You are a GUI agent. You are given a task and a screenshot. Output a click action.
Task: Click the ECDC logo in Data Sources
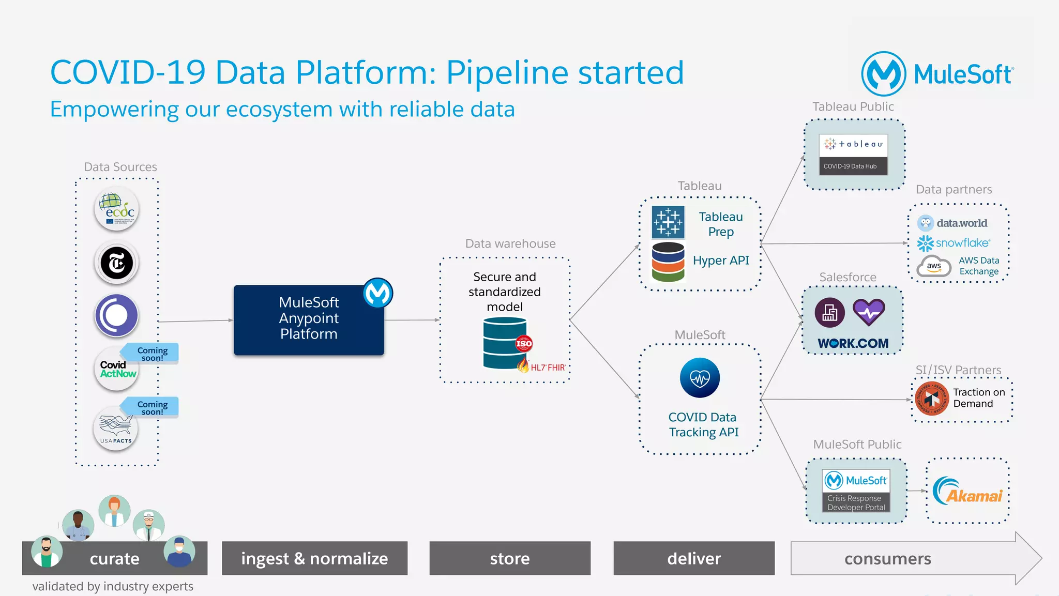pos(117,209)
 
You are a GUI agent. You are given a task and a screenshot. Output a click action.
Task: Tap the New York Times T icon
pos(117,263)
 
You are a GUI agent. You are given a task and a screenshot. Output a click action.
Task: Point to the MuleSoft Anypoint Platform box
pos(309,319)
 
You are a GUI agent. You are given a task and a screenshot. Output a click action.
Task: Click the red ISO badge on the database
pos(524,343)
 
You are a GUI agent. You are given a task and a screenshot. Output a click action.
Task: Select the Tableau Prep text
pos(720,224)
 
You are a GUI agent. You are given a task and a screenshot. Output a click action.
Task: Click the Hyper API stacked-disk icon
pos(668,262)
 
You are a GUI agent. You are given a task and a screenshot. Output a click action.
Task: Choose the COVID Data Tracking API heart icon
pos(700,378)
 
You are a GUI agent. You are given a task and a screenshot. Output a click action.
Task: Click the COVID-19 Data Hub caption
pos(850,166)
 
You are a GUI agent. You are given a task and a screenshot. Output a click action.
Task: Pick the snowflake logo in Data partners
pos(954,243)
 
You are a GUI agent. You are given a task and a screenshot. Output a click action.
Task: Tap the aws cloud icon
pos(934,266)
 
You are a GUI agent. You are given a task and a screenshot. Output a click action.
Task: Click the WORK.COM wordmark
pos(853,343)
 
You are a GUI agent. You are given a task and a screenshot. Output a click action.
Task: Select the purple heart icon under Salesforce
pos(869,312)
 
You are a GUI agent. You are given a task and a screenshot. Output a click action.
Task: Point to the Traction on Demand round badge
pos(932,399)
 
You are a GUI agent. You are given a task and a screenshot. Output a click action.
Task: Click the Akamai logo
pos(967,491)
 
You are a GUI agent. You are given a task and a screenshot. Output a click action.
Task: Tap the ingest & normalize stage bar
pos(314,558)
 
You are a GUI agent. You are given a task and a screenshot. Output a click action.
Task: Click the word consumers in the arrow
pos(887,559)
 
